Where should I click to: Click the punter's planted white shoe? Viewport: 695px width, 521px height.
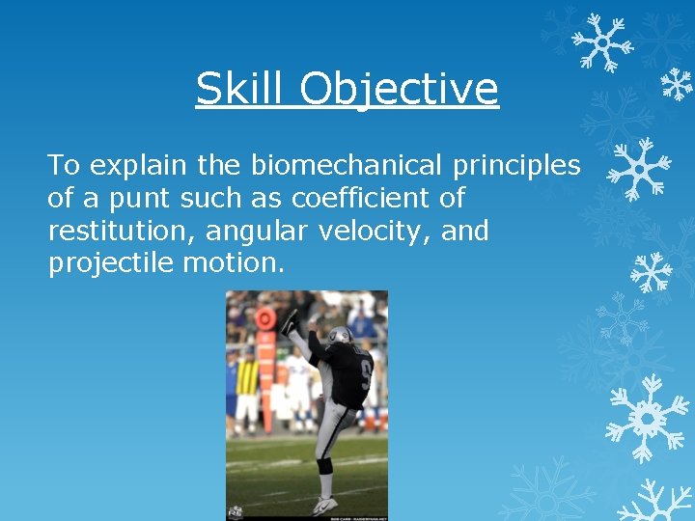coord(324,505)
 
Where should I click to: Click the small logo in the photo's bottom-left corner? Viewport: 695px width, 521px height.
coord(235,511)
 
